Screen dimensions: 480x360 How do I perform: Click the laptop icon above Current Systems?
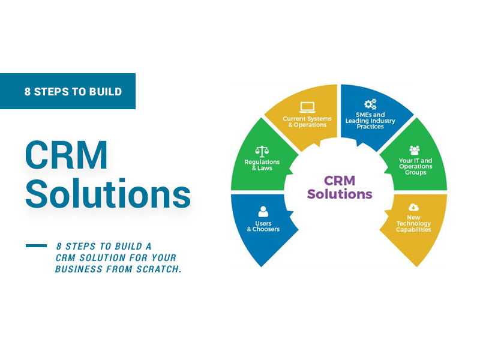[x=307, y=107]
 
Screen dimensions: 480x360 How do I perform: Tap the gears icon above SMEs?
[x=370, y=104]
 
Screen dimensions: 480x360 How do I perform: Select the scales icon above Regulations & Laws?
[x=262, y=152]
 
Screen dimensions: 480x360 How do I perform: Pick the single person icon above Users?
[x=263, y=212]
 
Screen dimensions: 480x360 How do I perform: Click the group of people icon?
[x=415, y=150]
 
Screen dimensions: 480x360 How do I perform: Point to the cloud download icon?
[x=413, y=208]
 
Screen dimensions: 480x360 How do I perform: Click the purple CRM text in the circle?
[x=340, y=181]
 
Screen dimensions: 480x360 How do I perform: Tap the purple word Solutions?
[x=340, y=194]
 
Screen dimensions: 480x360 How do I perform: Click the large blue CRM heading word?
[x=67, y=155]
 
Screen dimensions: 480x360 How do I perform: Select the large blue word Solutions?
[x=108, y=193]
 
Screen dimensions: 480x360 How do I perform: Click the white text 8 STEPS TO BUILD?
[x=73, y=92]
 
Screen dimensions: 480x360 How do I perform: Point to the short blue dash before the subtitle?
[x=36, y=245]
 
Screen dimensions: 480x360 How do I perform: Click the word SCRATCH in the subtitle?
[x=159, y=269]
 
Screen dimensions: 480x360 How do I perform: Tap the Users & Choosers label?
[x=263, y=226]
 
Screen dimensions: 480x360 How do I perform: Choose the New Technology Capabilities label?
[x=413, y=223]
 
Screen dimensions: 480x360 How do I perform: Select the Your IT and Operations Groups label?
[x=415, y=167]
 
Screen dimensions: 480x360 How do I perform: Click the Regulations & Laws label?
[x=262, y=164]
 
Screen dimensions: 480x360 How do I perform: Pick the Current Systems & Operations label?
[x=307, y=122]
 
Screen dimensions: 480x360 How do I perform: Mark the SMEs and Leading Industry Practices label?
[x=370, y=121]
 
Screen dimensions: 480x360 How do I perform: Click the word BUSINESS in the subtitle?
[x=79, y=269]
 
